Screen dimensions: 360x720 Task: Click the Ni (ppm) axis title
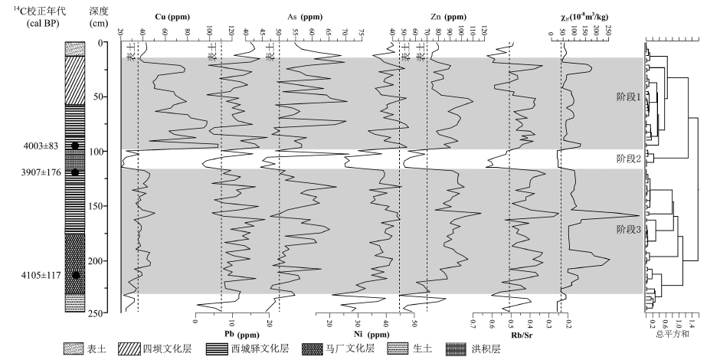(x=368, y=335)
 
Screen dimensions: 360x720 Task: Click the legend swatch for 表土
(x=74, y=349)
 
